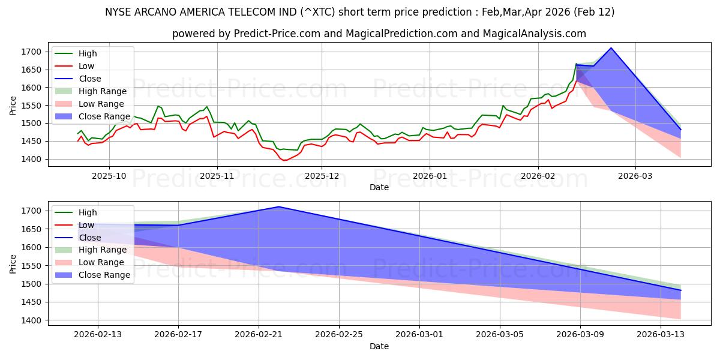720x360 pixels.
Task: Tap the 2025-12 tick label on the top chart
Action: pos(322,176)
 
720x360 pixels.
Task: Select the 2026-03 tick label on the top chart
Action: pos(635,176)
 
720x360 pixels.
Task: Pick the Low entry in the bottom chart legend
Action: pos(86,225)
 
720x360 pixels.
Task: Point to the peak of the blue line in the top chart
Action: pos(611,48)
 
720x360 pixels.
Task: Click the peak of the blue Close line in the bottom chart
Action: pos(278,206)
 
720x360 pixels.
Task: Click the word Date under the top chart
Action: pos(379,187)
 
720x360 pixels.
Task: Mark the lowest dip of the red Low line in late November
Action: pos(284,160)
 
